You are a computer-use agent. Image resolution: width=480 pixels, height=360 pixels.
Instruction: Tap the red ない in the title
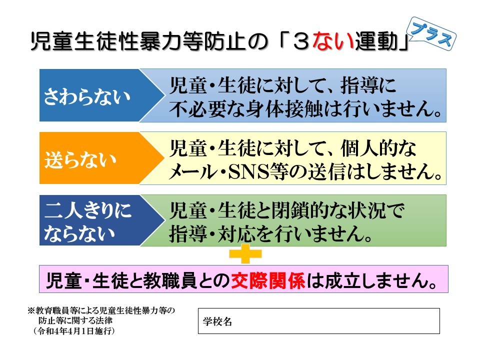333,41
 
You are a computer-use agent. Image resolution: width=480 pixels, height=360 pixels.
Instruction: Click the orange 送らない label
80,159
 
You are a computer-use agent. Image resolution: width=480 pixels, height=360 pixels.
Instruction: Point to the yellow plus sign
245,254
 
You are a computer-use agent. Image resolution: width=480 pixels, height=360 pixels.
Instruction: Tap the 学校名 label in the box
217,321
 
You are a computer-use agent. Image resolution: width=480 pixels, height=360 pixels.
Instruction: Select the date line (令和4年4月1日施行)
74,331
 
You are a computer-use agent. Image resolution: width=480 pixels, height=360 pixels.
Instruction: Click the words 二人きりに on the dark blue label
88,210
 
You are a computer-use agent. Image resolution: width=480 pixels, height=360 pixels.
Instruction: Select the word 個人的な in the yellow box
378,148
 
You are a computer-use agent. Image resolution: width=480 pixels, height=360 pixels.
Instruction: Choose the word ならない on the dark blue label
79,233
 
